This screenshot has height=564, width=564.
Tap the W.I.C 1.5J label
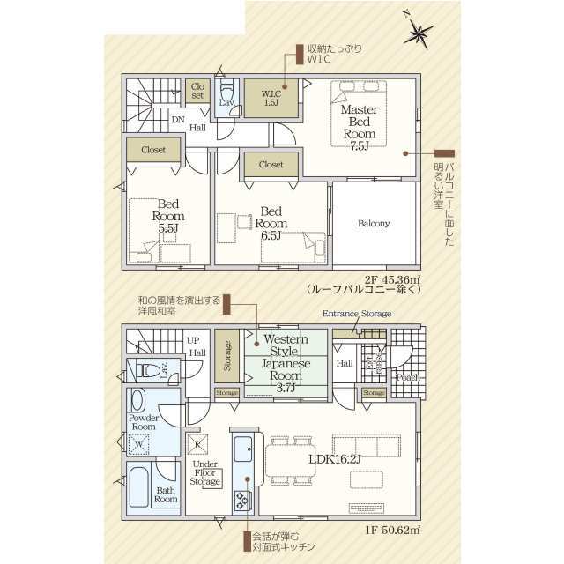(271, 97)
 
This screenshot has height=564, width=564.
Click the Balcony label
(374, 223)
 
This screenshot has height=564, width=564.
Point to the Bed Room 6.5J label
(270, 223)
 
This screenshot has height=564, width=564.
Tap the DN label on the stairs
(178, 118)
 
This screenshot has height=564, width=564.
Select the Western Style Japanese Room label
(286, 360)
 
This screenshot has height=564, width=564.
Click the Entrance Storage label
(357, 314)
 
